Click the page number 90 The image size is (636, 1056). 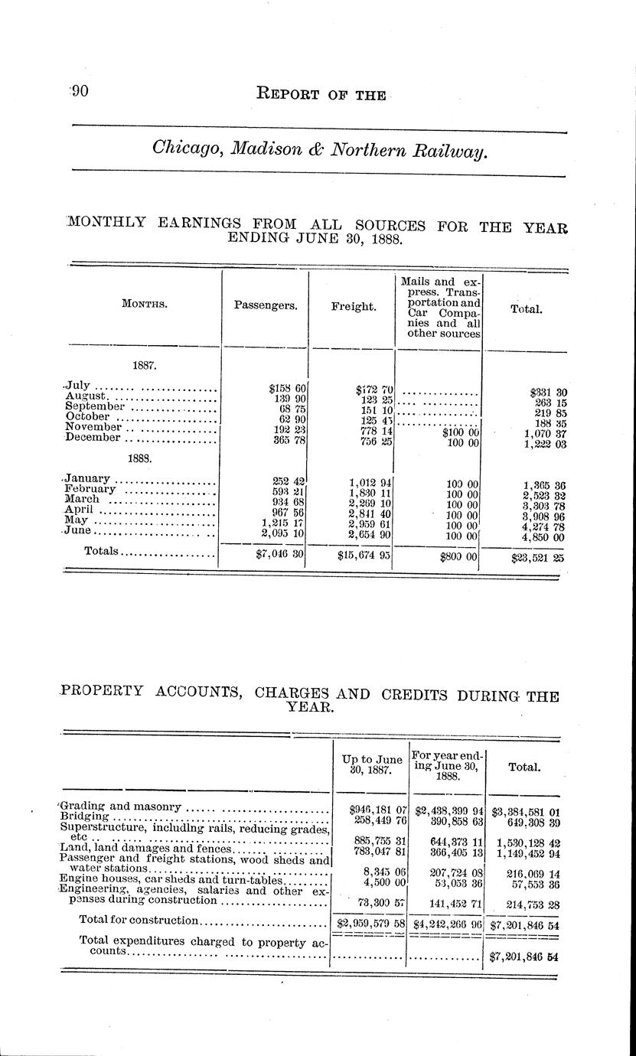(80, 92)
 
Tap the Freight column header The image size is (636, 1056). (353, 306)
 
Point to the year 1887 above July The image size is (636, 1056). (144, 366)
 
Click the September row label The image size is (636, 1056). (95, 406)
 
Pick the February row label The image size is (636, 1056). (90, 488)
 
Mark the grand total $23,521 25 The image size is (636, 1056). (539, 558)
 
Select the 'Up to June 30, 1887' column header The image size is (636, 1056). (371, 765)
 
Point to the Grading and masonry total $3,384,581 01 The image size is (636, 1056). (526, 807)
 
